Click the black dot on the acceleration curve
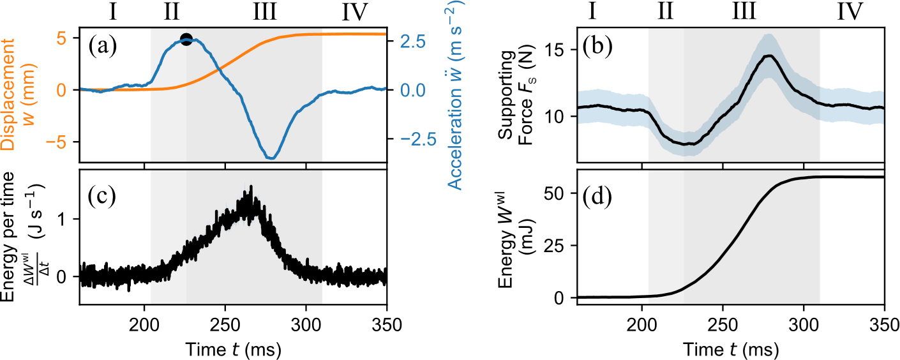[x=186, y=39]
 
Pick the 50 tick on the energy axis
[x=555, y=193]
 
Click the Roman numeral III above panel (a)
[x=264, y=11]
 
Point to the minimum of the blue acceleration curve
[x=271, y=157]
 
